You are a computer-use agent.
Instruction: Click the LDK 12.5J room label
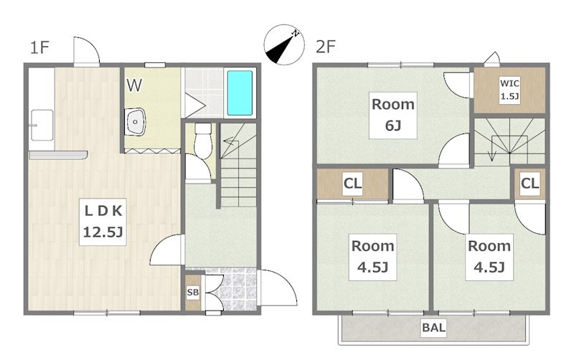[x=103, y=222]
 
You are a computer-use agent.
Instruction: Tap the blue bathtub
[x=240, y=93]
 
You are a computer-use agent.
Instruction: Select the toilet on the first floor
[x=203, y=141]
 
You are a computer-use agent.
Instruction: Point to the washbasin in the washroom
[x=135, y=122]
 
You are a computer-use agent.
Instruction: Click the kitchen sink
[x=42, y=125]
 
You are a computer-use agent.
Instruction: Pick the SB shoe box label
[x=193, y=293]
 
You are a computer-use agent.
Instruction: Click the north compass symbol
[x=284, y=44]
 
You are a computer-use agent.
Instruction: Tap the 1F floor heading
[x=39, y=47]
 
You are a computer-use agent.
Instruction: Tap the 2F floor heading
[x=326, y=47]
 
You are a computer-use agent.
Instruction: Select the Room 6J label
[x=392, y=115]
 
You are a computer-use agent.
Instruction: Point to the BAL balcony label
[x=434, y=327]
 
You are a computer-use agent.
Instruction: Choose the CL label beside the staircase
[x=530, y=183]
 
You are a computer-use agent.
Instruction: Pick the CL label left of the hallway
[x=352, y=183]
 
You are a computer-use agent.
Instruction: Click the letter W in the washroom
[x=134, y=85]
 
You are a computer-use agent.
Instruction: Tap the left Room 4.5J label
[x=372, y=257]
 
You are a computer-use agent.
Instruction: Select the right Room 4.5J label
[x=489, y=257]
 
